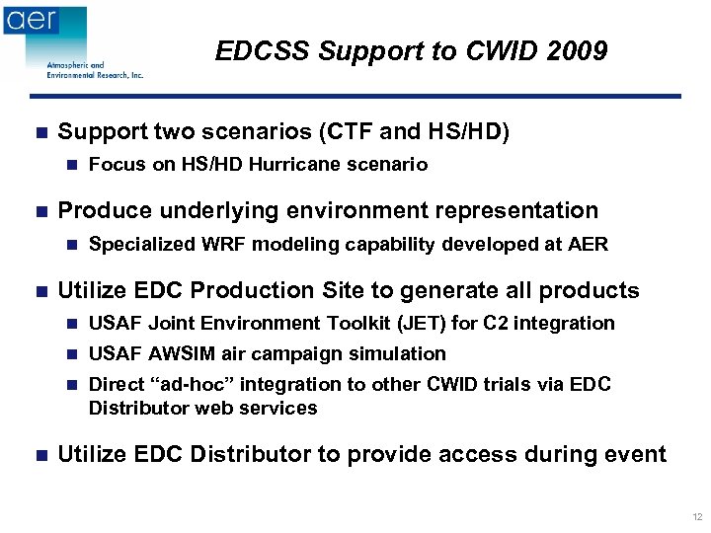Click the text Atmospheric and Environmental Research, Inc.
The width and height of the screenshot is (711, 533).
pyautogui.click(x=95, y=70)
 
